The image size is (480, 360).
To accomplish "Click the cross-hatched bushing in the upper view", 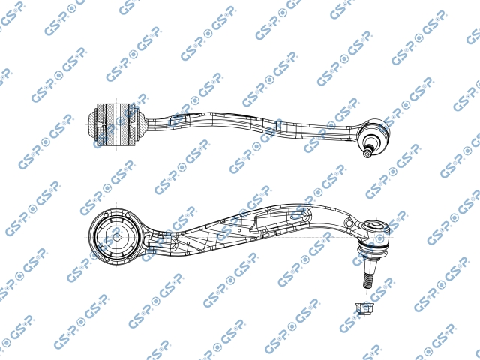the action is click(x=116, y=124).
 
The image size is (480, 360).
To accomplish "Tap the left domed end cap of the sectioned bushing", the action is click(x=91, y=125).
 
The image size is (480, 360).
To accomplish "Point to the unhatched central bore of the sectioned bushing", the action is click(x=117, y=124).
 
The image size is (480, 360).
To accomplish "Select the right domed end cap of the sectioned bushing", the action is click(x=142, y=125).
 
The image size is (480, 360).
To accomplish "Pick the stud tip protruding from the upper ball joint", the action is click(x=367, y=152).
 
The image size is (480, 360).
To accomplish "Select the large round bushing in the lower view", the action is click(x=115, y=237).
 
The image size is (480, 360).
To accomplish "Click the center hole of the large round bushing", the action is click(x=117, y=237).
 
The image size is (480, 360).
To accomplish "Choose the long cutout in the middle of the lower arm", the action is click(x=280, y=220).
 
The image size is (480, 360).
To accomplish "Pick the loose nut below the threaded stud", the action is click(x=364, y=307).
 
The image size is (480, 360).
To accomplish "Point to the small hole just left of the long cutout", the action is click(x=238, y=230).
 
